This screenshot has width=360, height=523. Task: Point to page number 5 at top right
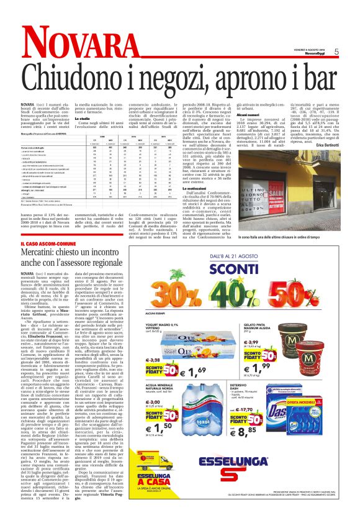[x=336, y=52]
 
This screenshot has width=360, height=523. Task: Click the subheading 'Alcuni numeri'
[x=248, y=114]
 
